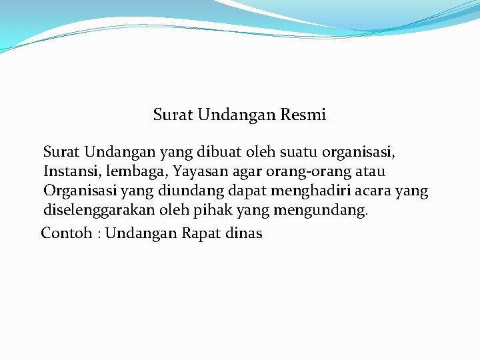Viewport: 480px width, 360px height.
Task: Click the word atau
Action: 367,172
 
